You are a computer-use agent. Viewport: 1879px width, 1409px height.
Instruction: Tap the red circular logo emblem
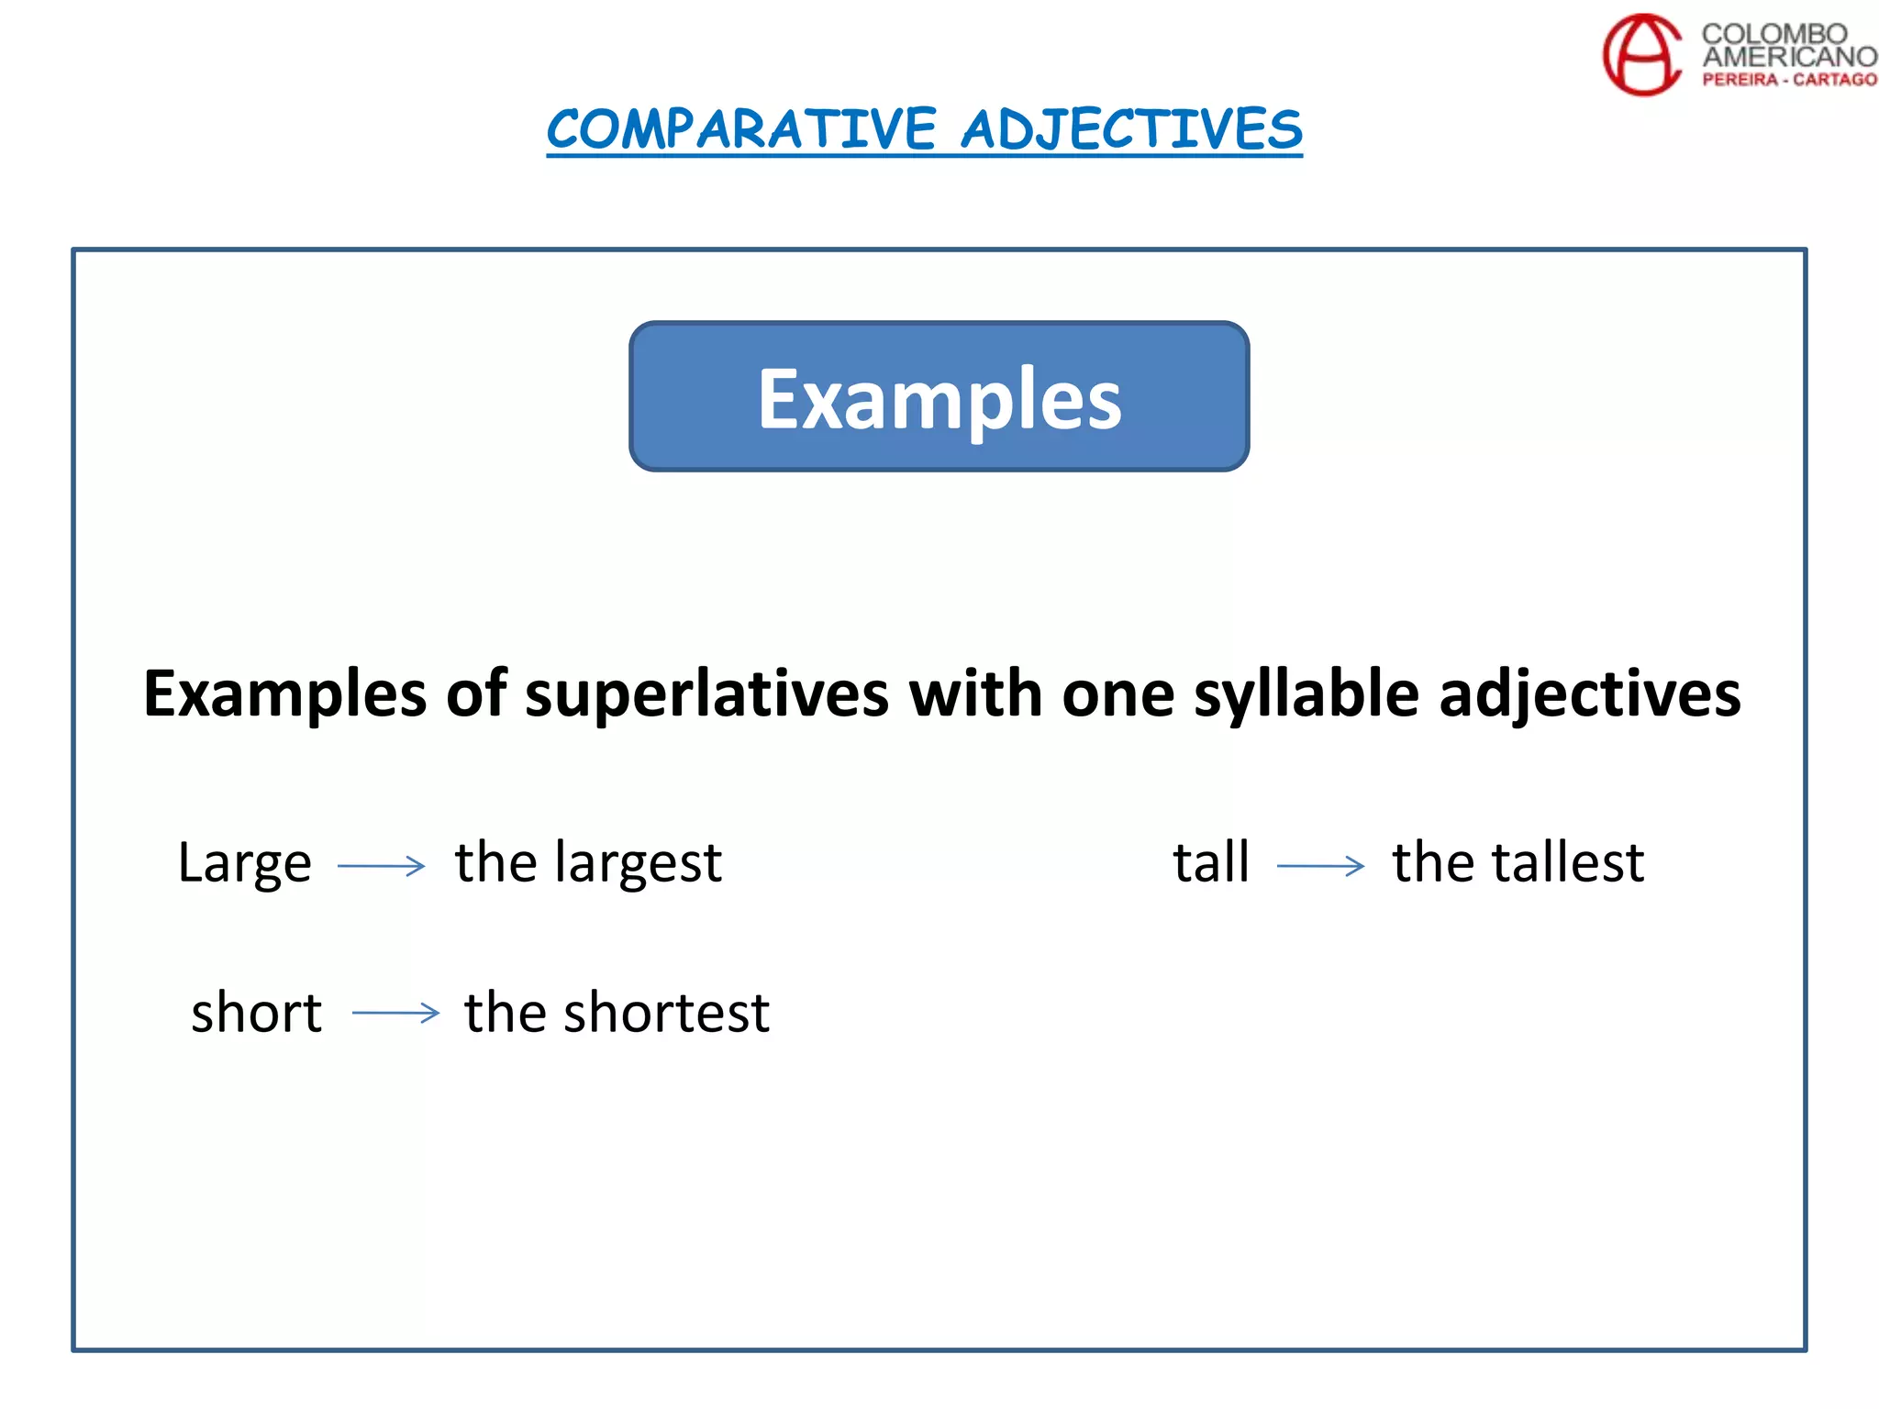point(1641,54)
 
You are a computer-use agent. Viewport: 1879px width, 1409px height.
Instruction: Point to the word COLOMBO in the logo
point(1773,34)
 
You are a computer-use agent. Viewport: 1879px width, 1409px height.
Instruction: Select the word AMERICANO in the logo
point(1789,56)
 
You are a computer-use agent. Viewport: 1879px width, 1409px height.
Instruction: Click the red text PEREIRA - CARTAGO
point(1789,80)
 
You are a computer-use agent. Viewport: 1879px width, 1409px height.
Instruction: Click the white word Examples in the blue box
point(939,399)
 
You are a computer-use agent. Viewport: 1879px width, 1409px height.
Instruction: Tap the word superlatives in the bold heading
point(706,693)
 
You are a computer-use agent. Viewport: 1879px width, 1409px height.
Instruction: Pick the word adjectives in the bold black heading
point(1589,693)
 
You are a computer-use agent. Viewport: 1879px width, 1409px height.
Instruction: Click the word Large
point(245,863)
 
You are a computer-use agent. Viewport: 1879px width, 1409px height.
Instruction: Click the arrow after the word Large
point(382,865)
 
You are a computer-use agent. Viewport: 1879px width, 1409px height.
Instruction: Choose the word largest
point(639,863)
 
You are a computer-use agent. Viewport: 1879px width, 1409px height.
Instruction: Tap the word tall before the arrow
point(1211,862)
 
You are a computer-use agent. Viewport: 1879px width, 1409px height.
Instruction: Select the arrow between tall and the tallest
point(1320,865)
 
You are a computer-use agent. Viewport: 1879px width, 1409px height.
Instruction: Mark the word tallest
point(1568,862)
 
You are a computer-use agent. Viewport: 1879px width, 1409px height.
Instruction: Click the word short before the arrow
point(257,1013)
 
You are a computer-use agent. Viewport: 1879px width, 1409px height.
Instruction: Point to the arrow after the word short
point(395,1013)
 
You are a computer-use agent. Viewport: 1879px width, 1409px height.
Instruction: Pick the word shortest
point(666,1013)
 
